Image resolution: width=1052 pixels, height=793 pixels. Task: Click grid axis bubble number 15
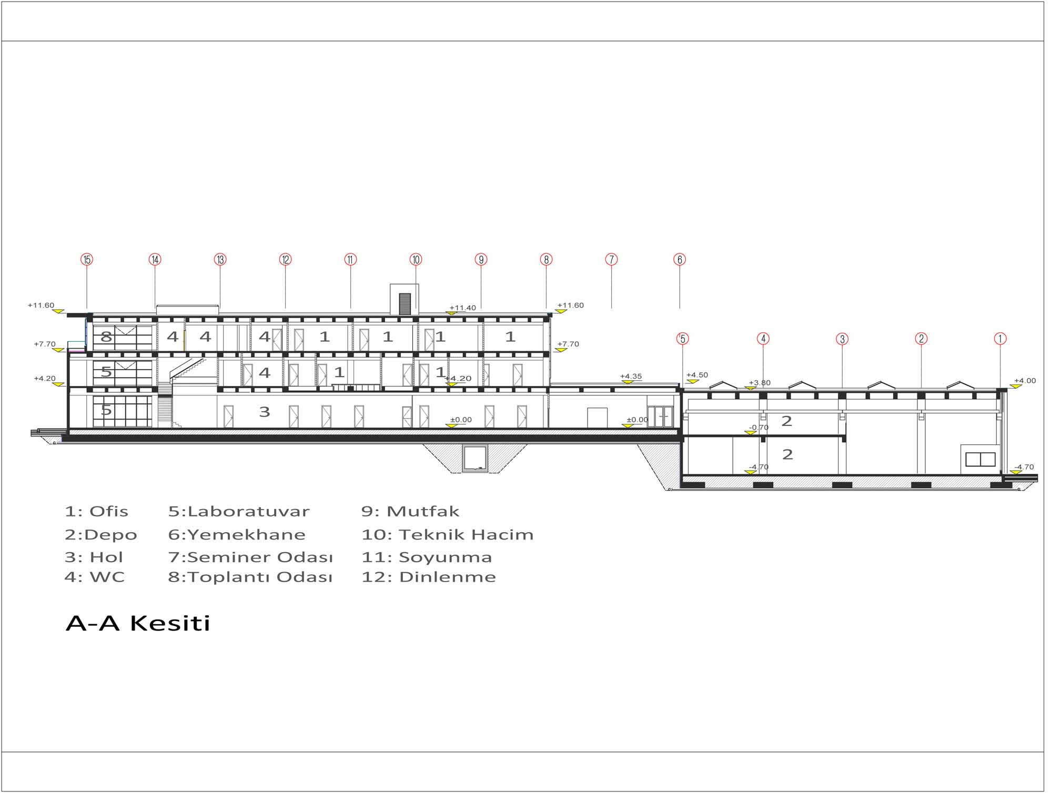pyautogui.click(x=87, y=259)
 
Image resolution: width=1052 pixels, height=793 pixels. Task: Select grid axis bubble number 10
pyautogui.click(x=416, y=259)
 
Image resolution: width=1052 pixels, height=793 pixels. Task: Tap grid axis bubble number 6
pyautogui.click(x=680, y=259)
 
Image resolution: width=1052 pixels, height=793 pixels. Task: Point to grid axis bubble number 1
pyautogui.click(x=1000, y=339)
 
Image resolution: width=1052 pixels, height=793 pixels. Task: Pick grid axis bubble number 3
pyautogui.click(x=842, y=339)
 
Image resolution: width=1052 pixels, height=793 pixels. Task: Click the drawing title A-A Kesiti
pyautogui.click(x=138, y=623)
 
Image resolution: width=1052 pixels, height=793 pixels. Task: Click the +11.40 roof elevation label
pyautogui.click(x=462, y=308)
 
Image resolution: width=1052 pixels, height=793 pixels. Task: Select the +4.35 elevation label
pyautogui.click(x=631, y=376)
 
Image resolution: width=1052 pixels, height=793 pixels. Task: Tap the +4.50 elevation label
pyautogui.click(x=697, y=375)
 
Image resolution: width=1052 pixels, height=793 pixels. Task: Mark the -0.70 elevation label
pyautogui.click(x=758, y=428)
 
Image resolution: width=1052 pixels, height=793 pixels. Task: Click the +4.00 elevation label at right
pyautogui.click(x=1025, y=381)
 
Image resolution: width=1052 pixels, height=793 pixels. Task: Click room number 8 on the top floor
pyautogui.click(x=106, y=337)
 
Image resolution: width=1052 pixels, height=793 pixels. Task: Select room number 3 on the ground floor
pyautogui.click(x=265, y=412)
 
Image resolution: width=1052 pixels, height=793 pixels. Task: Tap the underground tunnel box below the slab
pyautogui.click(x=476, y=458)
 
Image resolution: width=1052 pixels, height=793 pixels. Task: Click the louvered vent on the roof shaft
pyautogui.click(x=404, y=304)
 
